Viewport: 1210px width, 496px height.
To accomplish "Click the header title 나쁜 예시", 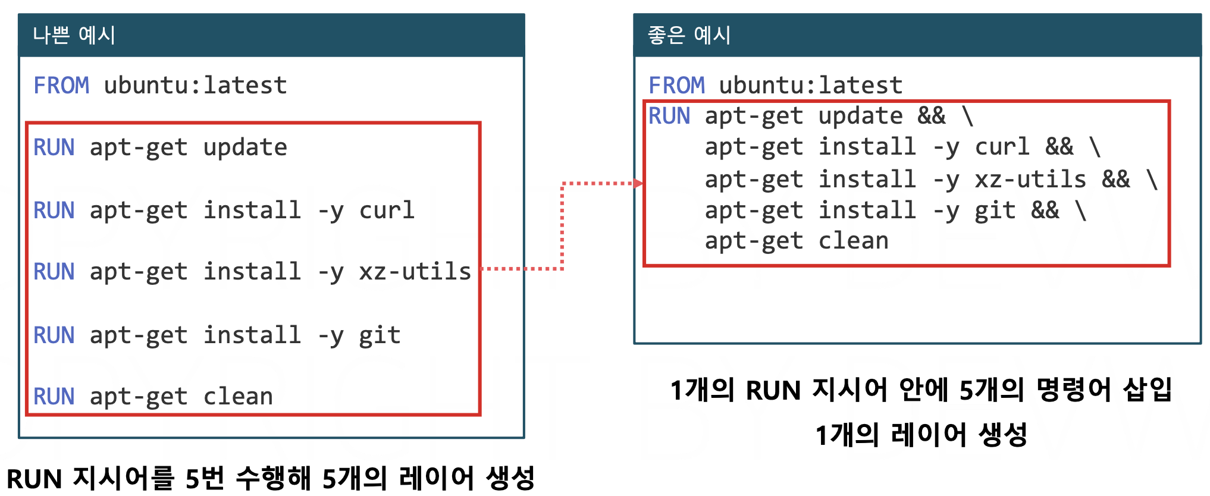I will tap(74, 35).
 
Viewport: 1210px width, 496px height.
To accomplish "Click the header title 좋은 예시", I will tap(689, 35).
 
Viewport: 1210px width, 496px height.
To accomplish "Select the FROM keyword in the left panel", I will tap(61, 86).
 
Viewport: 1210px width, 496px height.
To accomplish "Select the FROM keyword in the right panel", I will tap(676, 86).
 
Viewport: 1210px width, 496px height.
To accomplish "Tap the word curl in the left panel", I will tap(387, 211).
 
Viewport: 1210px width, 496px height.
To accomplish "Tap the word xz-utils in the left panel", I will tap(415, 272).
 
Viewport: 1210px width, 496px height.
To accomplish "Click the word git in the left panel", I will tap(380, 335).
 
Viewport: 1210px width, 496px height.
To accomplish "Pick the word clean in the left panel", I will tap(238, 397).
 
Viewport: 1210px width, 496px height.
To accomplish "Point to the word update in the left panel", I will tap(245, 147).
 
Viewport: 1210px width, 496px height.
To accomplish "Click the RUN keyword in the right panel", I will tap(669, 116).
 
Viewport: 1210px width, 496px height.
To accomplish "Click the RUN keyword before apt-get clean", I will tap(54, 397).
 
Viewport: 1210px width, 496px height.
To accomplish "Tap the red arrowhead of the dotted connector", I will tap(638, 183).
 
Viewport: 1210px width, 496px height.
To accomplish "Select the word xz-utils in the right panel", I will tap(1030, 180).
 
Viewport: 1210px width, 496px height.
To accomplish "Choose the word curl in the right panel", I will tap(1002, 147).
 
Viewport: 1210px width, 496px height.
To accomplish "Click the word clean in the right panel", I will tap(853, 241).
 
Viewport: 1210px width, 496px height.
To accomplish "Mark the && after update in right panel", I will tap(931, 116).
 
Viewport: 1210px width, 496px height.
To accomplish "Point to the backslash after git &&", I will tap(1081, 211).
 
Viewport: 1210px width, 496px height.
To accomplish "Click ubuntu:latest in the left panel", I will tap(195, 86).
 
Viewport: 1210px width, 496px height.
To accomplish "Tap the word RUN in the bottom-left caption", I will tap(34, 479).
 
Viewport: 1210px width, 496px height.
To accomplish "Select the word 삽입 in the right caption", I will tap(1148, 390).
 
